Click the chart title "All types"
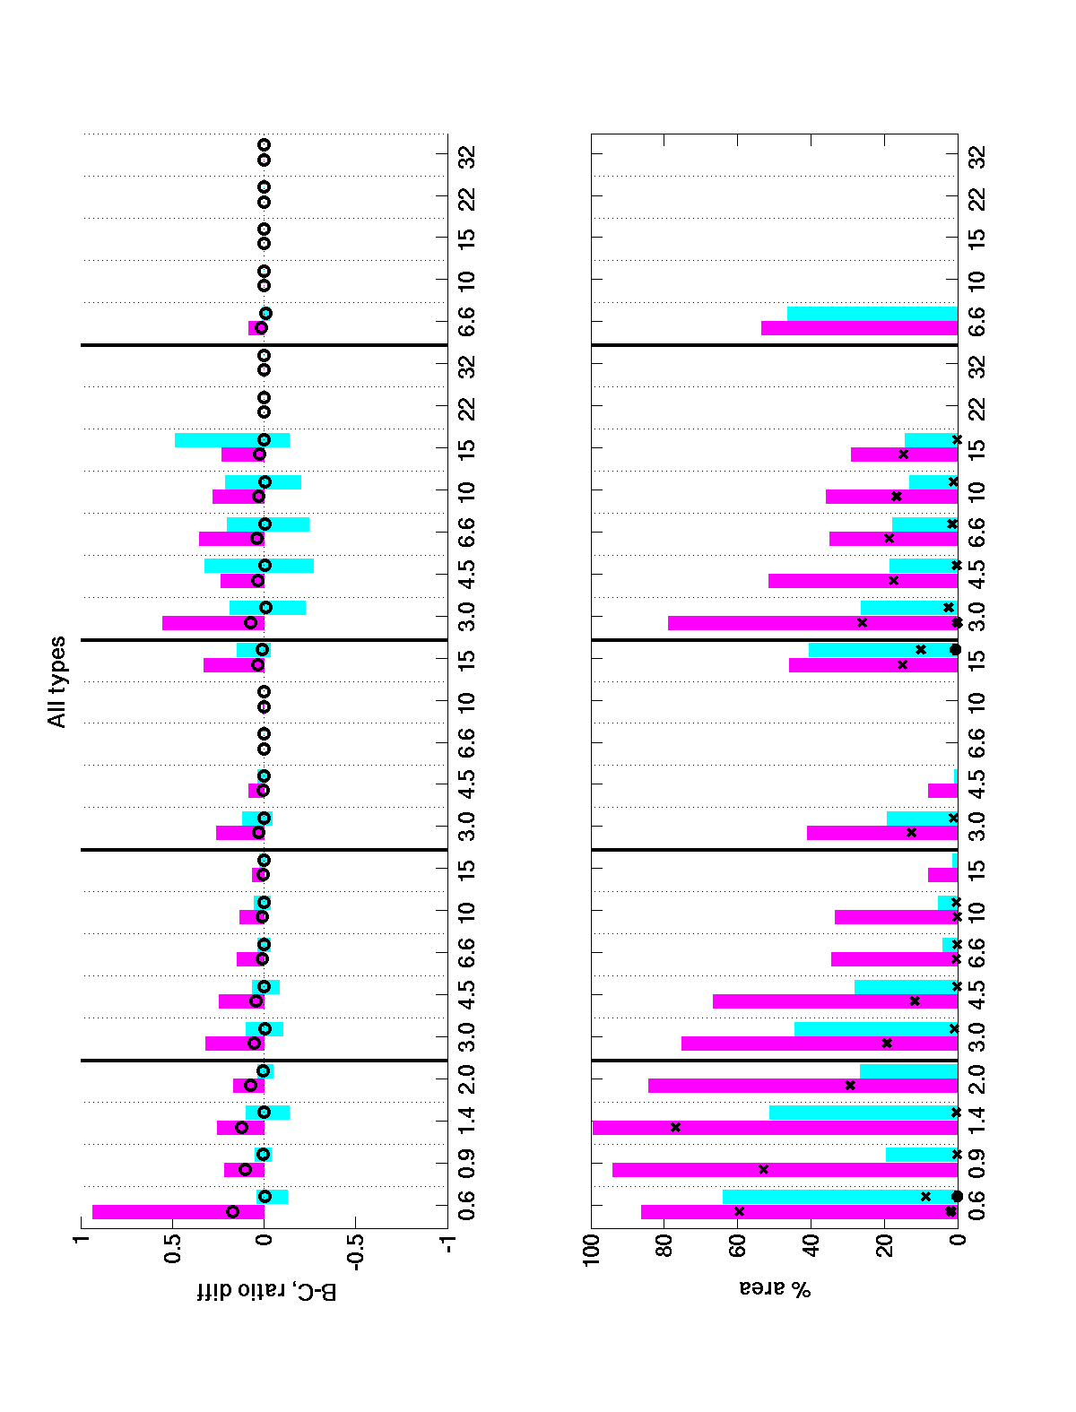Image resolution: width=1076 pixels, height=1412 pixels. (56, 681)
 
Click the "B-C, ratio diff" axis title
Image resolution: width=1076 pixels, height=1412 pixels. (266, 1292)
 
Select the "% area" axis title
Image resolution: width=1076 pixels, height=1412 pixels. (775, 1288)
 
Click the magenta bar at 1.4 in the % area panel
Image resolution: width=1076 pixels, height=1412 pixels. (776, 1127)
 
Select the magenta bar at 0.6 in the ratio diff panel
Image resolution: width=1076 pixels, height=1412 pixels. (178, 1211)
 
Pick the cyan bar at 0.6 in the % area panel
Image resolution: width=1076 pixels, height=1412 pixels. (840, 1197)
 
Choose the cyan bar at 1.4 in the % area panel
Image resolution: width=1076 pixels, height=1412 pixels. (863, 1113)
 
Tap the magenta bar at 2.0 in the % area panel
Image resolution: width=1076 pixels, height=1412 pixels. (803, 1085)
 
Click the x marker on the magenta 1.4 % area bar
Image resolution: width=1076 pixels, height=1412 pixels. (676, 1127)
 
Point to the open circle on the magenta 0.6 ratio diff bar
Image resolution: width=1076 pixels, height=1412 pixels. (233, 1211)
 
